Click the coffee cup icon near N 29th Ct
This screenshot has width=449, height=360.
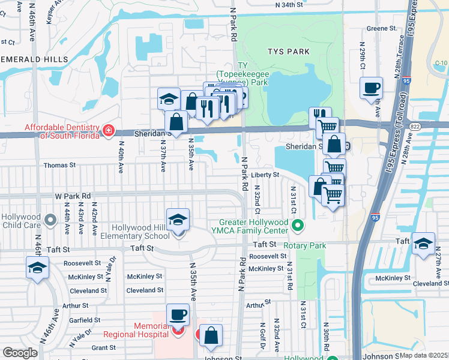[x=372, y=88]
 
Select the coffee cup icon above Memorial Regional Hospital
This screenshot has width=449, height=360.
[x=178, y=314]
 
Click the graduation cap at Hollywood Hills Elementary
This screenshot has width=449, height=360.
[x=178, y=220]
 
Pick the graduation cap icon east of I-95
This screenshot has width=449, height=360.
[x=423, y=243]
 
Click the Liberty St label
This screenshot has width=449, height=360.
[x=265, y=175]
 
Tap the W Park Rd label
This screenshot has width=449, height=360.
[x=72, y=196]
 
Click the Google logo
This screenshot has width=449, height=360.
[x=20, y=353]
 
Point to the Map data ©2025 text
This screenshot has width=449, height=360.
[x=424, y=355]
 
